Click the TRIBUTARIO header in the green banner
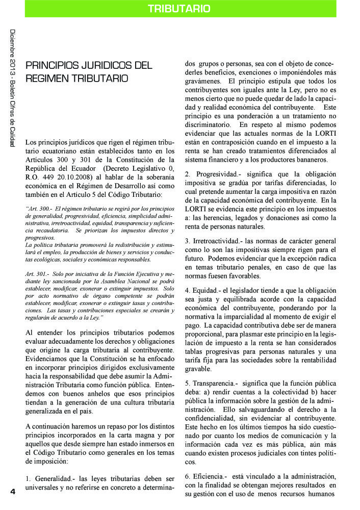click(x=179, y=9)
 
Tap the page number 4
click(x=13, y=491)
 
